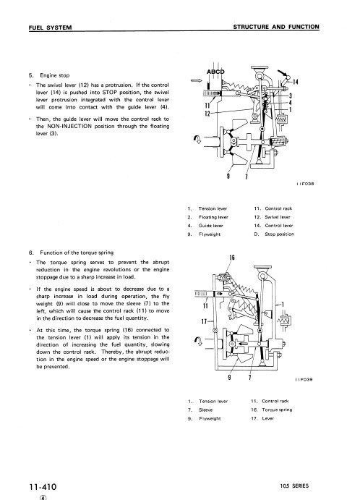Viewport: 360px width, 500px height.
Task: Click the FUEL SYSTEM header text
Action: click(51, 27)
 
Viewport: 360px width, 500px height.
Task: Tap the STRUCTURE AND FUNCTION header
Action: click(276, 27)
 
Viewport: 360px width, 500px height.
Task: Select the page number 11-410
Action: click(43, 487)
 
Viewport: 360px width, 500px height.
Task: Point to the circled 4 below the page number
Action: click(43, 497)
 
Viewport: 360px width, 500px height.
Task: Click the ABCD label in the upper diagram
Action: click(215, 72)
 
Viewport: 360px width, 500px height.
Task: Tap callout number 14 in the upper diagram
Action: click(296, 82)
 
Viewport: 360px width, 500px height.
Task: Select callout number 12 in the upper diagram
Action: click(207, 113)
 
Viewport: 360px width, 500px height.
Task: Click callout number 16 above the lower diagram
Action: click(232, 258)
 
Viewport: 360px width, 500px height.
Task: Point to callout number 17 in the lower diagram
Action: click(205, 321)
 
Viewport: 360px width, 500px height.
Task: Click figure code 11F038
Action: click(305, 184)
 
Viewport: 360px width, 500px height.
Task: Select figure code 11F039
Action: click(304, 379)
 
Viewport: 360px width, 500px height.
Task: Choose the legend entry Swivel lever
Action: click(278, 217)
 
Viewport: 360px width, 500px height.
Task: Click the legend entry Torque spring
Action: click(277, 410)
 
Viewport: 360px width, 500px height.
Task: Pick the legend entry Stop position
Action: click(280, 234)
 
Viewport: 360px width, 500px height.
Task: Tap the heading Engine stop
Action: click(54, 75)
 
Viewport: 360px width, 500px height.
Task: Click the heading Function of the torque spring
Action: click(77, 253)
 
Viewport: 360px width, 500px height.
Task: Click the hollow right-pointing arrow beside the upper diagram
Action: click(197, 80)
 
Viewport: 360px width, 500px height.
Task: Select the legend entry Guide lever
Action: click(210, 226)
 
